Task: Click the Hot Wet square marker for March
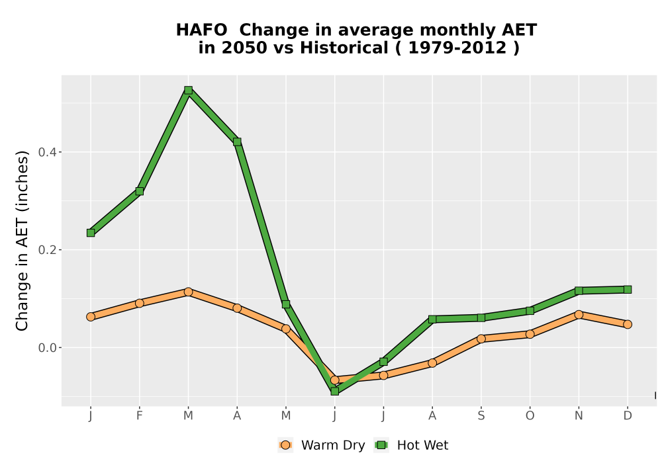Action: tap(188, 90)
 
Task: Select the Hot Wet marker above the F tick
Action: tap(139, 191)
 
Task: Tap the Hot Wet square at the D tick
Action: tap(628, 289)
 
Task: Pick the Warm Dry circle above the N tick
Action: tap(579, 315)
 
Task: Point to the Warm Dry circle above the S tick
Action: tap(481, 339)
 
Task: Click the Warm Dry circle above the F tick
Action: tap(139, 303)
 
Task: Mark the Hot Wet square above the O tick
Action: tap(530, 311)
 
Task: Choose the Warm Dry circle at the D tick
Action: tap(628, 324)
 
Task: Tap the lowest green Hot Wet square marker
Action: tap(335, 392)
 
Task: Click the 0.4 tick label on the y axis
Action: tap(46, 152)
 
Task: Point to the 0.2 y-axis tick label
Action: tap(46, 249)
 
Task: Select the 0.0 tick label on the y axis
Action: tap(46, 347)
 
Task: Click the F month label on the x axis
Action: tap(139, 416)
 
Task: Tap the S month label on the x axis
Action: tap(481, 416)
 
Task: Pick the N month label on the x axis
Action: tap(579, 416)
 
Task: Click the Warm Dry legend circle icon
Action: tap(285, 445)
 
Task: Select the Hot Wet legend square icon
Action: tap(382, 445)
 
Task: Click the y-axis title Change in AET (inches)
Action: tap(22, 241)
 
